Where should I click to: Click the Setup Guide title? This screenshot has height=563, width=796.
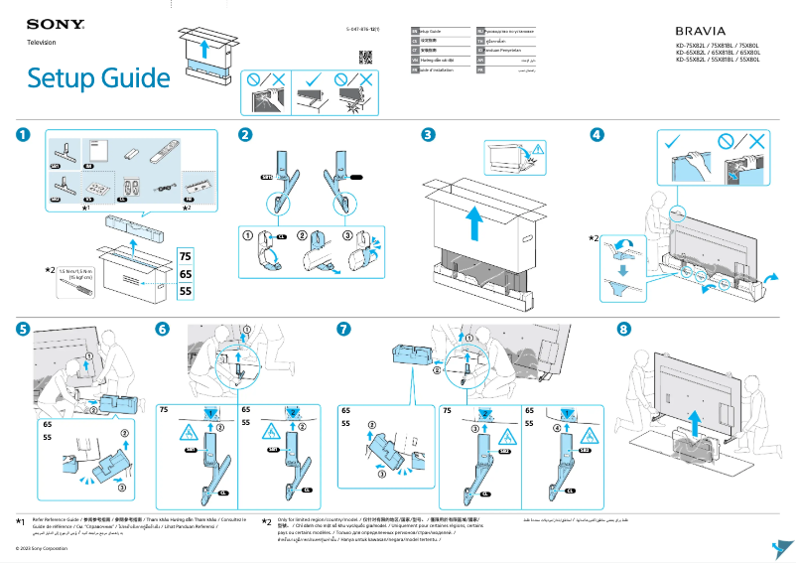(x=99, y=77)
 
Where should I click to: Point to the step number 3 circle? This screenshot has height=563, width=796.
(x=428, y=135)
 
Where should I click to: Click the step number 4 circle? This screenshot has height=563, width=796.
(x=597, y=135)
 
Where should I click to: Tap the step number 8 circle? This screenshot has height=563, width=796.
(x=624, y=329)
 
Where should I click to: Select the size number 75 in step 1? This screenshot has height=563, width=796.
(x=186, y=256)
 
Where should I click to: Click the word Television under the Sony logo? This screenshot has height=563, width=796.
(x=41, y=43)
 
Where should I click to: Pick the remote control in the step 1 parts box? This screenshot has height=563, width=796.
(x=163, y=154)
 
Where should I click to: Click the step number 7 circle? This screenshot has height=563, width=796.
(x=343, y=329)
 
